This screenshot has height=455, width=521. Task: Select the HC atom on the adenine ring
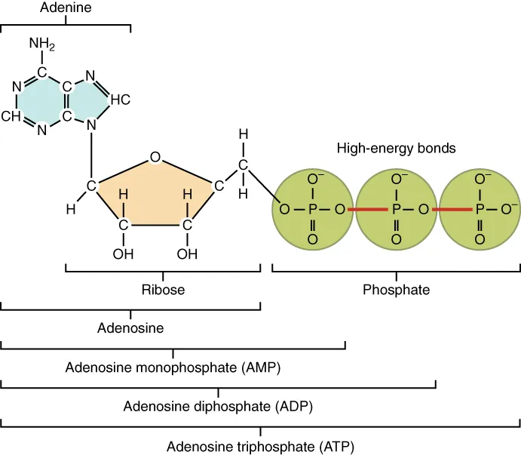120,99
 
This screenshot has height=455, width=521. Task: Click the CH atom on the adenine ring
11,116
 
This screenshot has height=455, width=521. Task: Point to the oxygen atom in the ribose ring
155,158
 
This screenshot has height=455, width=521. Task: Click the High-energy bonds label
396,148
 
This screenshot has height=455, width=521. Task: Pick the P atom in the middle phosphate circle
396,209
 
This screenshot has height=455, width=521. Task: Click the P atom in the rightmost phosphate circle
479,209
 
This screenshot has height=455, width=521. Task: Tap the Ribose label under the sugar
163,290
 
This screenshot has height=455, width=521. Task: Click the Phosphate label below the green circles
396,290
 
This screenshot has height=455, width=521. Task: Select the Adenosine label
130,328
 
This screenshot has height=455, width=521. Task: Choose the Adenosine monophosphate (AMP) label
173,367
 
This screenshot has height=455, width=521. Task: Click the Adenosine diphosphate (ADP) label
218,407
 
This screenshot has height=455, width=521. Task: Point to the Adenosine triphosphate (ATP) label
259,446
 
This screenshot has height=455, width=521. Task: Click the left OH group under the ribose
123,254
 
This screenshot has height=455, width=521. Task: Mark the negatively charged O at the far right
509,208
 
